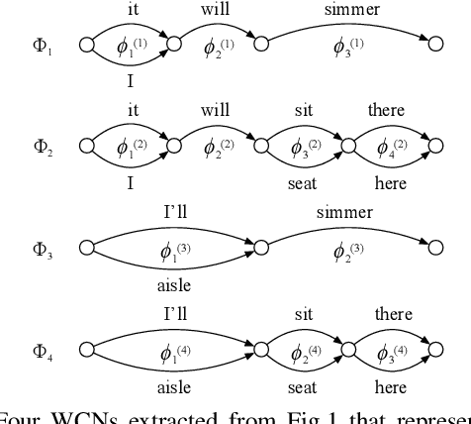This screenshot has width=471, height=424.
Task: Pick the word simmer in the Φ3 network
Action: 344,213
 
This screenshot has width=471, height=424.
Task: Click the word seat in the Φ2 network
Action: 304,183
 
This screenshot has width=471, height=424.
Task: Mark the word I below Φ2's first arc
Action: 131,183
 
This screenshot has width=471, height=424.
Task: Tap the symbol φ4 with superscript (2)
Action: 391,148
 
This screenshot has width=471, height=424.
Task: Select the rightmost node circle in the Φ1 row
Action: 433,45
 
